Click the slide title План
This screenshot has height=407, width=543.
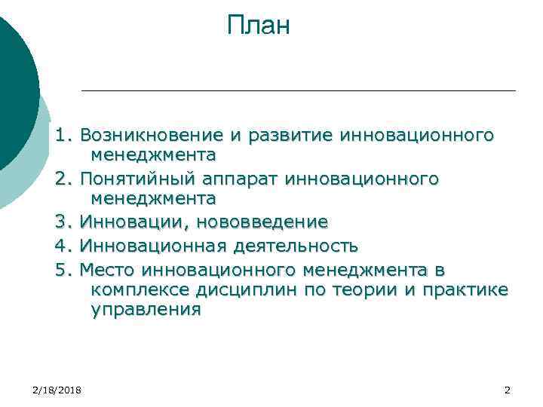click(x=258, y=26)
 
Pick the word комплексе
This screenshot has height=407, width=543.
click(x=137, y=289)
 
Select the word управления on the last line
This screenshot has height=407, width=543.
click(x=146, y=310)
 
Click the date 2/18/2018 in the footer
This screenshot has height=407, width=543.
click(x=58, y=389)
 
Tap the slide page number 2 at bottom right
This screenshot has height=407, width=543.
click(x=507, y=389)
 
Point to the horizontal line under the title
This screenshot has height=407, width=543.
click(x=298, y=91)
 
